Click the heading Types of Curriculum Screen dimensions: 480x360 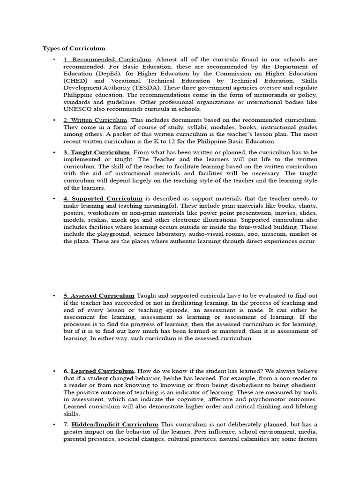[x=74, y=48]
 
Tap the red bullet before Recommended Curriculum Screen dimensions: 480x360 [x=54, y=60]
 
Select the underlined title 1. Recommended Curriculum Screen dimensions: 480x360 [x=107, y=60]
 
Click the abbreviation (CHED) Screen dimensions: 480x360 [x=75, y=81]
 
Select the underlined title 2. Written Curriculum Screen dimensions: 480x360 [x=95, y=120]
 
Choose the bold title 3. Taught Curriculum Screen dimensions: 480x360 [x=97, y=152]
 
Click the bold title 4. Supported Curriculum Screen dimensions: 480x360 [x=103, y=199]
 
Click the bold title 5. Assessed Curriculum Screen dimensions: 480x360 [x=99, y=296]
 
